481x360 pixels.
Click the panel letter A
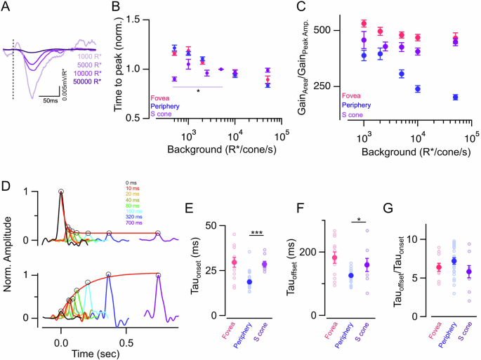pos(8,8)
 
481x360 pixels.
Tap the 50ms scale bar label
pos(48,101)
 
